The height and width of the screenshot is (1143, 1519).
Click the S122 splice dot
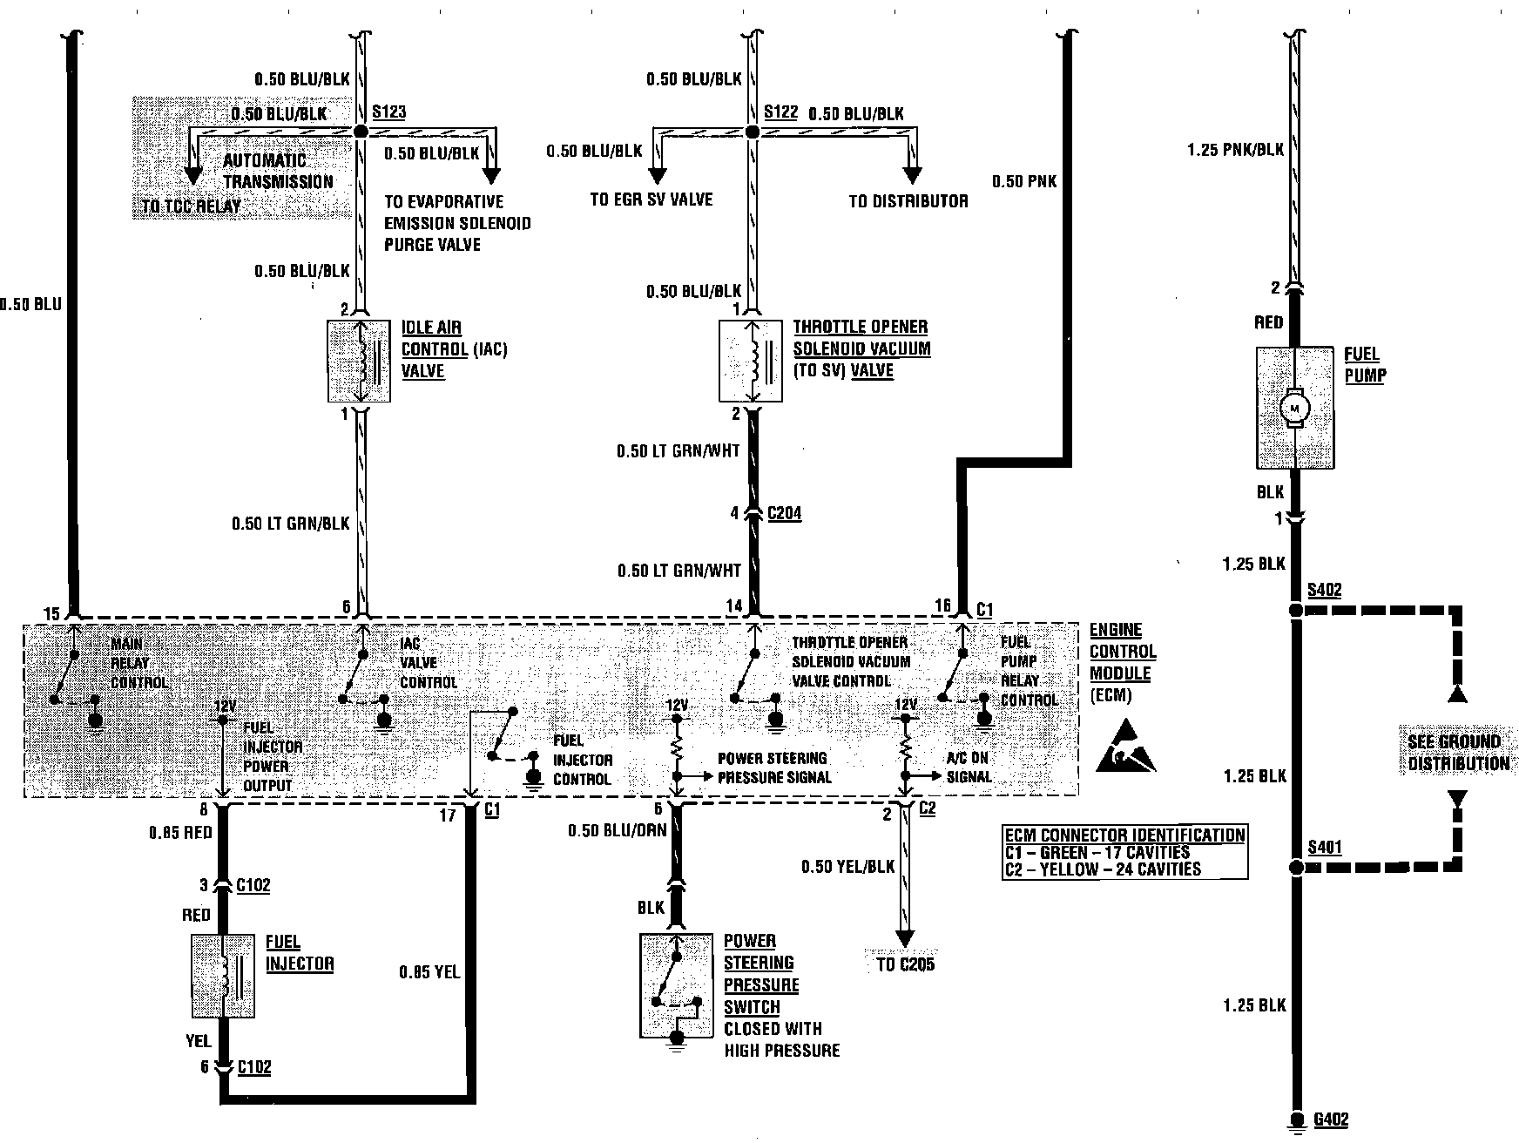(x=753, y=132)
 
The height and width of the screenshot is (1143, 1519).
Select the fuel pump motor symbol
(x=1295, y=409)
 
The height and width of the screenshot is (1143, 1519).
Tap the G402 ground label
(x=1331, y=1120)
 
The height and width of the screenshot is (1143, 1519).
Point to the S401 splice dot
(x=1295, y=868)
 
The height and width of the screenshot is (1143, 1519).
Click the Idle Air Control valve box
(x=359, y=362)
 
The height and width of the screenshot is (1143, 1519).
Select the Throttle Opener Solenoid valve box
(x=751, y=362)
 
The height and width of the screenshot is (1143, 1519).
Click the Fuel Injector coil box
(x=223, y=977)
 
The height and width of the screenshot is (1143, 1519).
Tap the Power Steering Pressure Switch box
(x=676, y=985)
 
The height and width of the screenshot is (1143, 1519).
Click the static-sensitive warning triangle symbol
(x=1125, y=748)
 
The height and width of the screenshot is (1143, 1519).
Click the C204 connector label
(x=784, y=514)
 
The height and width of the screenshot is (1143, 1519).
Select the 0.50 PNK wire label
(x=1023, y=181)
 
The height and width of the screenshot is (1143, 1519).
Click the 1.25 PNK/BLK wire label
(x=1235, y=150)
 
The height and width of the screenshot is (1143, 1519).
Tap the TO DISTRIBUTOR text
(x=908, y=201)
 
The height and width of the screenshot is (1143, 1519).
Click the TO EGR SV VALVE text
(x=651, y=200)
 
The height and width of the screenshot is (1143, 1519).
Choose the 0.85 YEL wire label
(x=429, y=972)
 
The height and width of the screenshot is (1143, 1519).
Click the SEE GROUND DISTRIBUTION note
(x=1458, y=753)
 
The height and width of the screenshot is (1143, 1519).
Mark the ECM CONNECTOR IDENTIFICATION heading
(x=1124, y=835)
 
